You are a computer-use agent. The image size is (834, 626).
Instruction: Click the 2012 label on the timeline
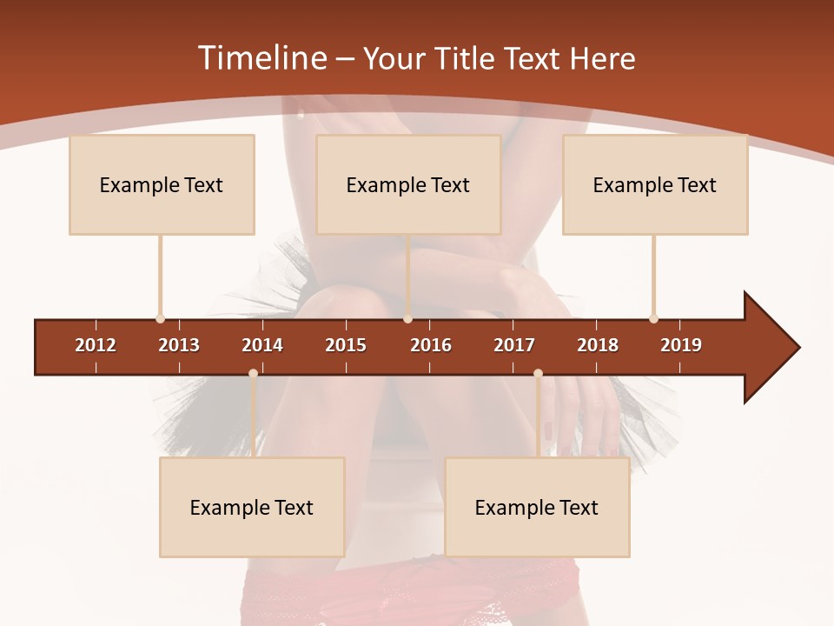(96, 345)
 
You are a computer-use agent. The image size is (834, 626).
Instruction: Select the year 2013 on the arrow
(179, 345)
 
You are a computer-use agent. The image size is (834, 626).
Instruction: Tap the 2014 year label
(262, 345)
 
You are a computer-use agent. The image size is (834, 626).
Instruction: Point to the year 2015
(346, 345)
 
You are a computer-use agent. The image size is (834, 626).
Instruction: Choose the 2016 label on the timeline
(431, 345)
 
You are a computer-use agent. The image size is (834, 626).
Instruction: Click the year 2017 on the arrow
(514, 345)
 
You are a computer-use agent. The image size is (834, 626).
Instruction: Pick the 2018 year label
(598, 345)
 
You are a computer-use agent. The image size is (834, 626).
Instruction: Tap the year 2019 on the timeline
(681, 345)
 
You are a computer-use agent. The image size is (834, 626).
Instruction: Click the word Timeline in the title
(261, 58)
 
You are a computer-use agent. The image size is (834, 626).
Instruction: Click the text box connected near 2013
(162, 184)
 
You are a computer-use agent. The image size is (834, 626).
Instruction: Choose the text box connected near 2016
(408, 184)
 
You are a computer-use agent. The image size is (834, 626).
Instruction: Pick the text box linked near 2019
(655, 184)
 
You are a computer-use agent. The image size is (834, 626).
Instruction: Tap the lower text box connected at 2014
(252, 507)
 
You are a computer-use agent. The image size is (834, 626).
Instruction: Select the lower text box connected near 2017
(537, 507)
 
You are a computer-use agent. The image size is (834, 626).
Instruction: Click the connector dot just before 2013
(160, 318)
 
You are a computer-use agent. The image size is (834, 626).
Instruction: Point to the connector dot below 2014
(253, 373)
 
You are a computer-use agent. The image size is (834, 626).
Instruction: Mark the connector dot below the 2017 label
(538, 373)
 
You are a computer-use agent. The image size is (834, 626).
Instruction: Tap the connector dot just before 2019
(653, 318)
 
